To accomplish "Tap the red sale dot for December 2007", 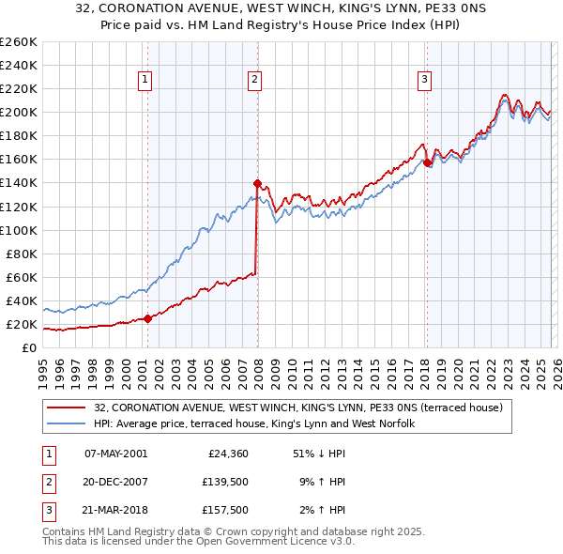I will pyautogui.click(x=257, y=183).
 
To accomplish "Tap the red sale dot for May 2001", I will pyautogui.click(x=147, y=318).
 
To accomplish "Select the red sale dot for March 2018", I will pyautogui.click(x=428, y=162).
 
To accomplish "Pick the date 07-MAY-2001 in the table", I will pyautogui.click(x=115, y=454).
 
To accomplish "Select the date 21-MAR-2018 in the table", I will pyautogui.click(x=115, y=510).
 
